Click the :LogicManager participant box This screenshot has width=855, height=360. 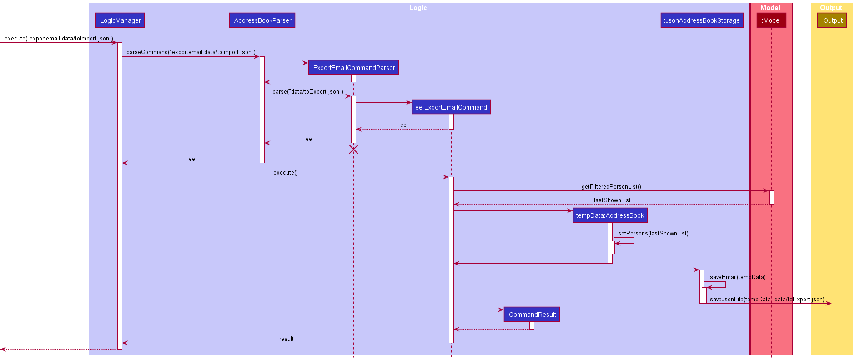(x=120, y=20)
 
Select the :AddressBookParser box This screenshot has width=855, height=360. (x=262, y=20)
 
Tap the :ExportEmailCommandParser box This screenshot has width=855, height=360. (x=353, y=68)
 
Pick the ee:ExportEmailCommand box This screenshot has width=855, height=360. (x=451, y=107)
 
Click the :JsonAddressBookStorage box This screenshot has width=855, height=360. (x=702, y=20)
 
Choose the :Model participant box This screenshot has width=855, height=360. (x=771, y=20)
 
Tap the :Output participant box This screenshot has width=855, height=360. (x=832, y=20)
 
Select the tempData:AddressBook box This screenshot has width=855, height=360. (x=610, y=215)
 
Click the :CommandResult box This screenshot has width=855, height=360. (x=532, y=315)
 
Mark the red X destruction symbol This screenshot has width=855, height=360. (x=353, y=150)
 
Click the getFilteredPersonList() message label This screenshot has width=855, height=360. (x=611, y=187)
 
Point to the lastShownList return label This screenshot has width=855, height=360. (x=612, y=200)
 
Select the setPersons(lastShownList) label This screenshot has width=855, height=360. (x=653, y=234)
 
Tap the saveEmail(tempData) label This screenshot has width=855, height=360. (x=738, y=277)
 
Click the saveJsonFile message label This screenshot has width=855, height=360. (x=767, y=300)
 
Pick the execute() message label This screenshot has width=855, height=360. (x=286, y=173)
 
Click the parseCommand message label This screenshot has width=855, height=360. (x=191, y=52)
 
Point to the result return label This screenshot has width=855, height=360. (x=286, y=339)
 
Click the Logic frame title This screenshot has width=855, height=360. (x=418, y=8)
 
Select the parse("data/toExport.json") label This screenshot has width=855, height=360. (x=308, y=92)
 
